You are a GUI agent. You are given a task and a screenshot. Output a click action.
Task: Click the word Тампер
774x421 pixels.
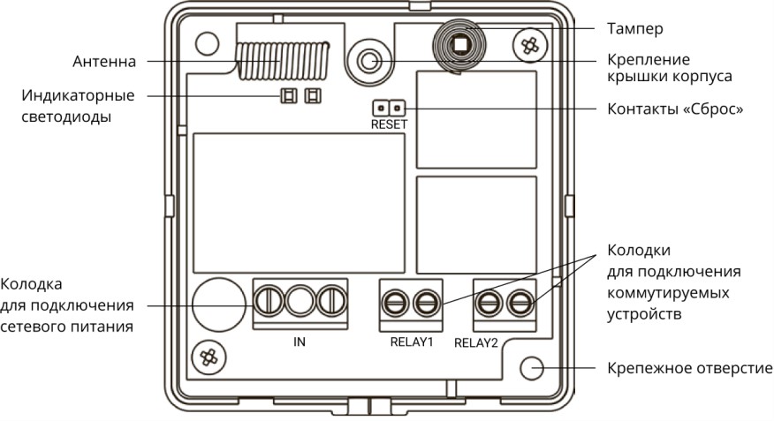point(634,28)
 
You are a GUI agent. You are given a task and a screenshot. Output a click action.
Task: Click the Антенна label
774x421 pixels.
point(104,62)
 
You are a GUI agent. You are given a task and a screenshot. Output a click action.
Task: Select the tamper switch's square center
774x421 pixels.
point(460,45)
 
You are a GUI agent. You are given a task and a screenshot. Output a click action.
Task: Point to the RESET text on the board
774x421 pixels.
point(389,124)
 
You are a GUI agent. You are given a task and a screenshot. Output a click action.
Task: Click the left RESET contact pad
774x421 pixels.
point(381,108)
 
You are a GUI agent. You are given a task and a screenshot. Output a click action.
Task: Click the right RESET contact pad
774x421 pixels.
point(397,108)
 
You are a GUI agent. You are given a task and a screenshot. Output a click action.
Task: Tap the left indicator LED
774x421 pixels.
point(289,95)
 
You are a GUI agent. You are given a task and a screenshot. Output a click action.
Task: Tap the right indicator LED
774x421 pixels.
point(313,95)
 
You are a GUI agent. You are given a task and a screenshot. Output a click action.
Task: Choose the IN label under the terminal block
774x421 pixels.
point(300,342)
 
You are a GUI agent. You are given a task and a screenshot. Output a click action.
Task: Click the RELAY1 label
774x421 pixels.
point(411,342)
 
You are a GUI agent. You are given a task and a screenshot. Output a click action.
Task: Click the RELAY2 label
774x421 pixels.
point(476,343)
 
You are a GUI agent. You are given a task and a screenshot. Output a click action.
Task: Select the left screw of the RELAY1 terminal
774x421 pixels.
point(395,303)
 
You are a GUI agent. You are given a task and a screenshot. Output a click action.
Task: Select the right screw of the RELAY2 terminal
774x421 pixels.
point(520,303)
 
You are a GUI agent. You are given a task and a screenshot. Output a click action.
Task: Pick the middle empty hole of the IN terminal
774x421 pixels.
point(300,301)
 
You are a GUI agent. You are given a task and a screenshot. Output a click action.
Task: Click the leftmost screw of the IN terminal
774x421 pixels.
point(269,301)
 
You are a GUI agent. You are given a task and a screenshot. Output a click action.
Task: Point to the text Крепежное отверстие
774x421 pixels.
point(689,368)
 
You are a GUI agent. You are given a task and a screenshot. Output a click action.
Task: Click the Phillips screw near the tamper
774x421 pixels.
point(530,45)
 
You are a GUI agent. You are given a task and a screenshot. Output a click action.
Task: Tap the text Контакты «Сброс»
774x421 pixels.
point(675,109)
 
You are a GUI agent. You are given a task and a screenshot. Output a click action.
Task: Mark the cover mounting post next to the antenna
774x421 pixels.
point(368,61)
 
